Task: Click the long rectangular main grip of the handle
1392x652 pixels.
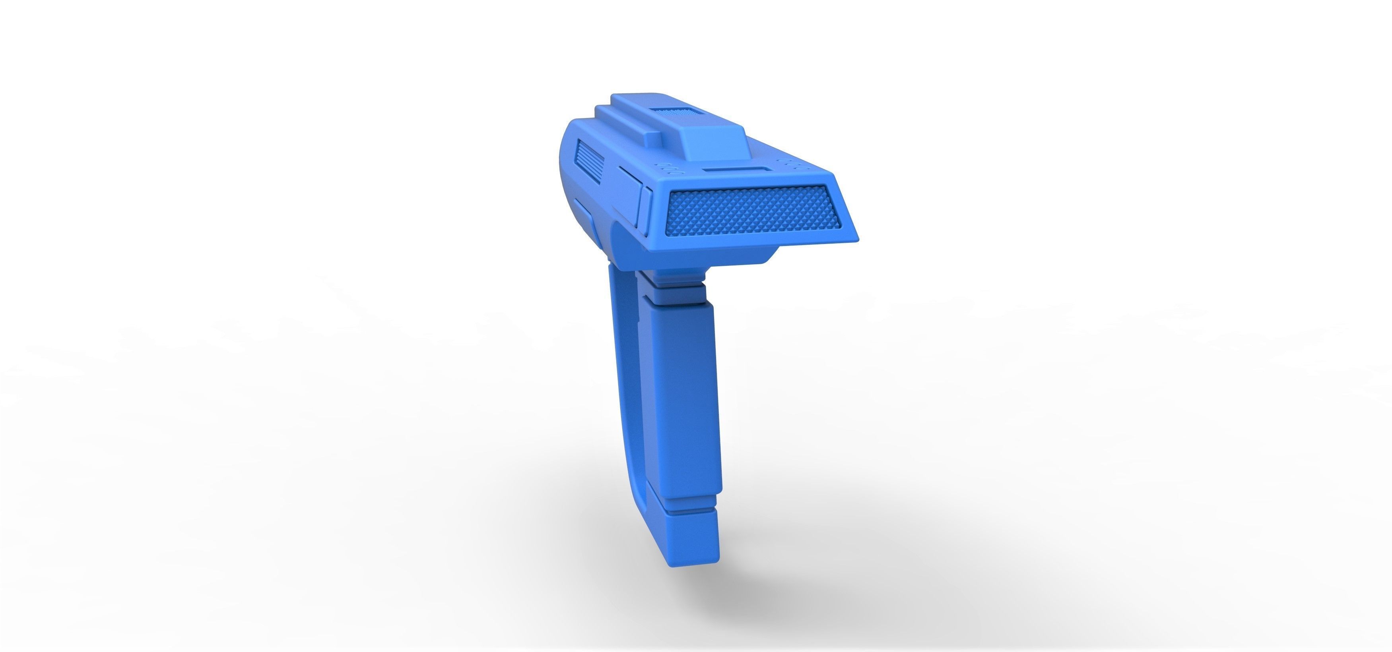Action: (x=686, y=394)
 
